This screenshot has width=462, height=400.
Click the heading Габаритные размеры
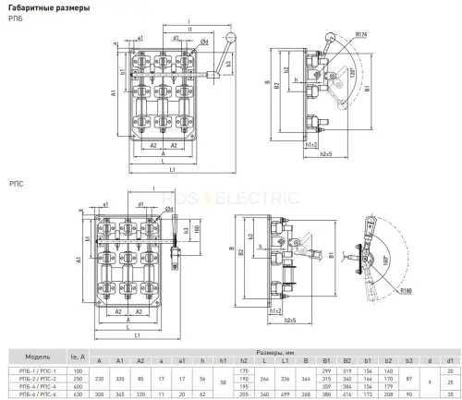pos(45,8)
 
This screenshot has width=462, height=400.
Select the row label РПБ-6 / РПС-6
pos(38,394)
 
